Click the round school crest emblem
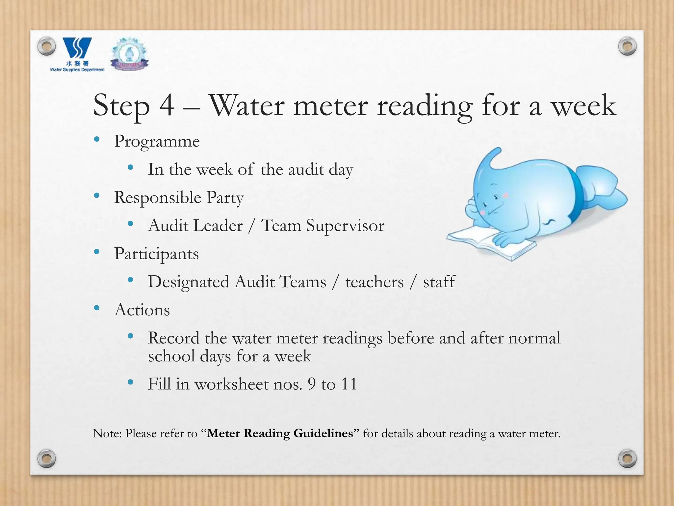pos(129,54)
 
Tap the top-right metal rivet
pos(627,46)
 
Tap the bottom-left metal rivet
pos(46,458)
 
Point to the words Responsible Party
pos(179,198)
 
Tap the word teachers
pos(374,282)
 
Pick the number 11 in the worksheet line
pos(349,384)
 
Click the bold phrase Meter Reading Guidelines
pos(280,433)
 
